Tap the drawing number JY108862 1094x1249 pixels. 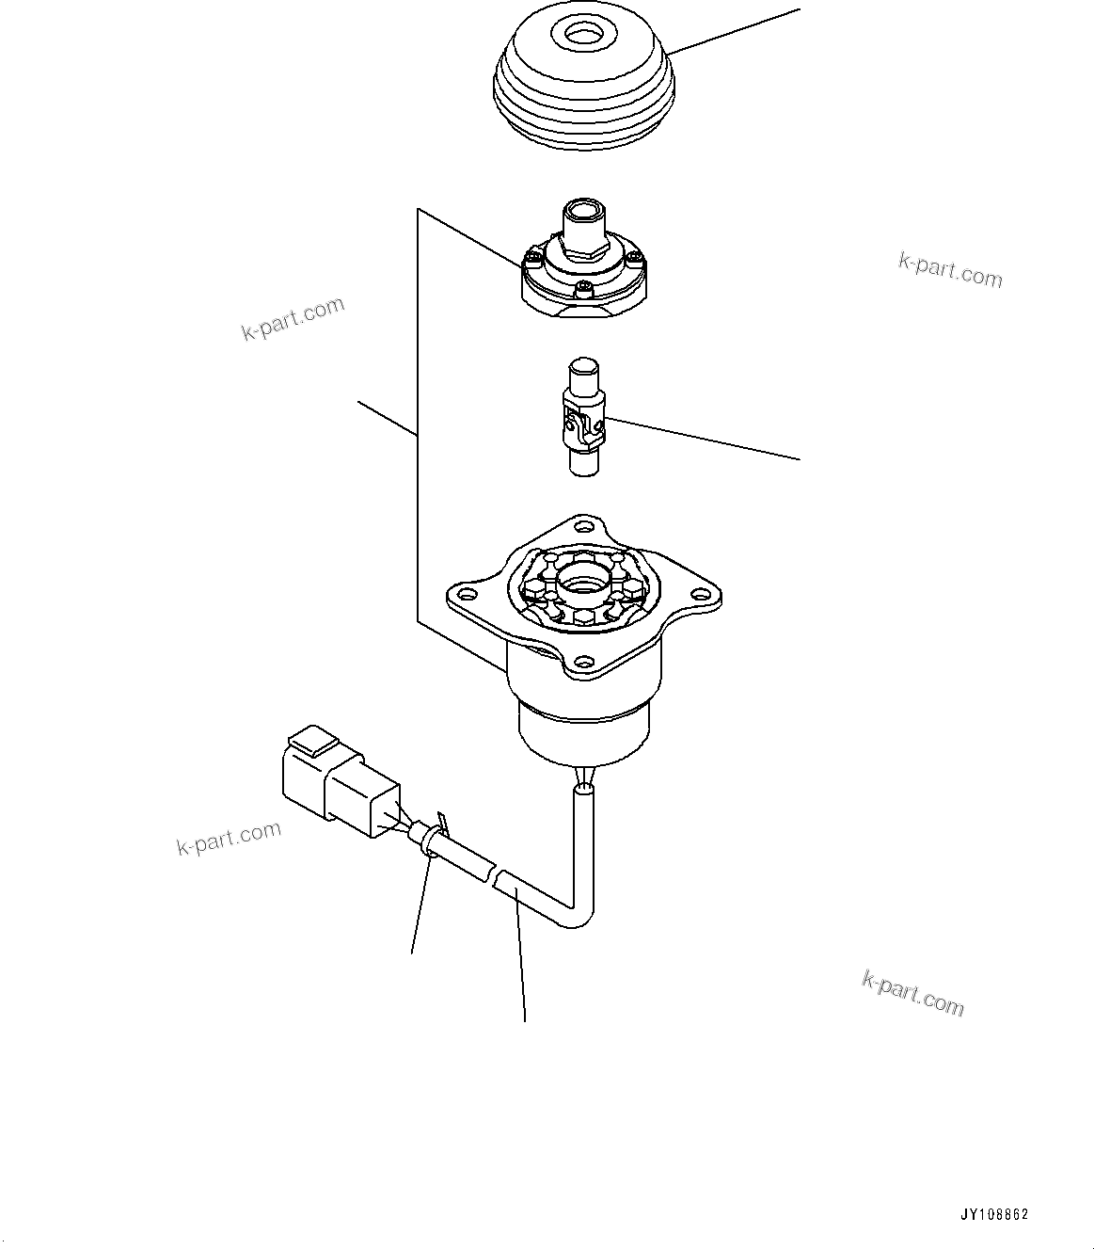point(994,1215)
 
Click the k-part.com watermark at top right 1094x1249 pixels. point(950,270)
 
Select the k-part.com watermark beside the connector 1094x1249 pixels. point(229,837)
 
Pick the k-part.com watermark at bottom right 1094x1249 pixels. point(912,994)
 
